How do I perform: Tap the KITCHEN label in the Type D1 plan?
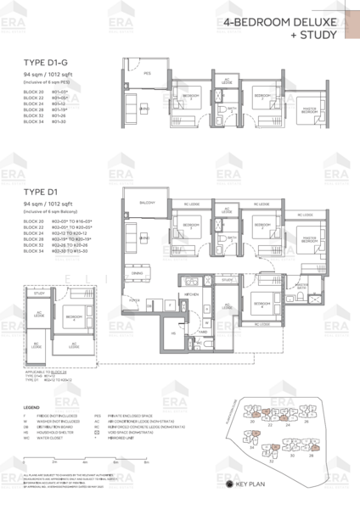point(191,294)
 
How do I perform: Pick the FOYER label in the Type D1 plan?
point(132,299)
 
